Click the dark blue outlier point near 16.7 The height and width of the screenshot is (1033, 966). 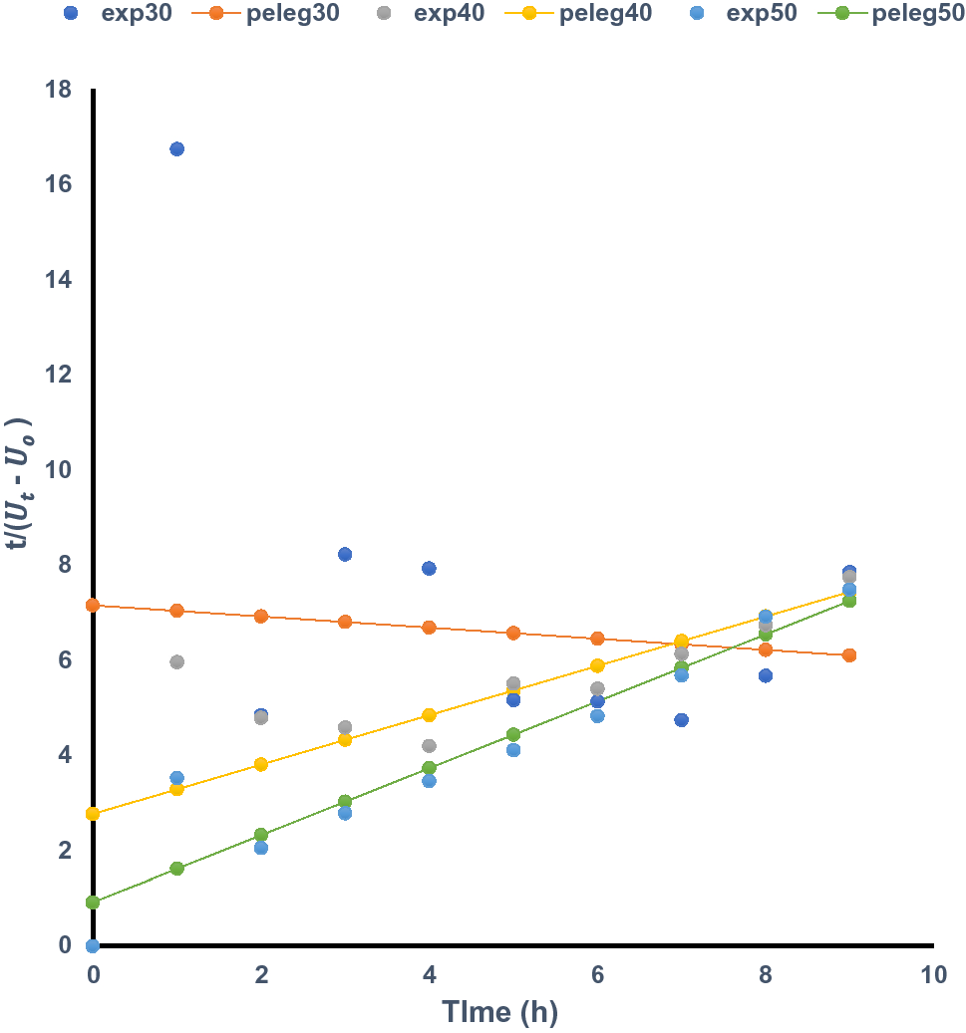(x=176, y=149)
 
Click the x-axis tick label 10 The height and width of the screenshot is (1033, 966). (x=933, y=974)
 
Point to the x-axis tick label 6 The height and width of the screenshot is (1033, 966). (x=597, y=974)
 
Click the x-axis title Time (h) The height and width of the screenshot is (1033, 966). (x=500, y=1012)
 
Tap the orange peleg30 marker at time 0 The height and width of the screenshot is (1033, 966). (x=93, y=605)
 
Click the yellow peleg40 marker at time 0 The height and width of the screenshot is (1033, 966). (x=93, y=814)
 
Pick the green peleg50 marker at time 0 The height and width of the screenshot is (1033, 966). (x=93, y=903)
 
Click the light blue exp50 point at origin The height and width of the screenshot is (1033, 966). (x=93, y=945)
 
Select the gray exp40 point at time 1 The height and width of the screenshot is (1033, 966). (x=176, y=661)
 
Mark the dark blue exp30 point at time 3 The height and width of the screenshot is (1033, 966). (x=345, y=554)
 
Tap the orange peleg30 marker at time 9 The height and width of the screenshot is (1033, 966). (x=849, y=655)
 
